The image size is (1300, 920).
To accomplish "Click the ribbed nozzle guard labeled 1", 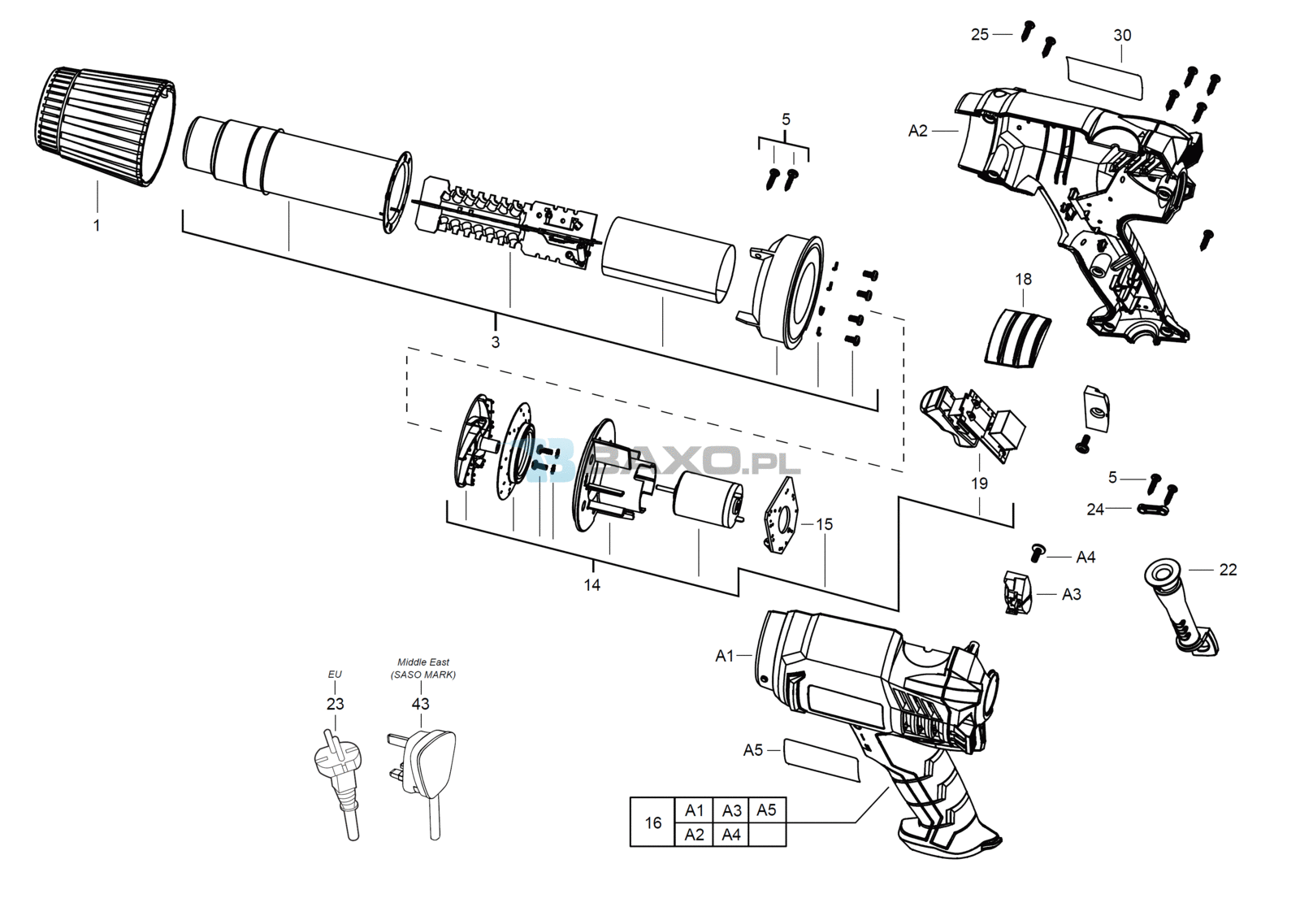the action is pos(105,126).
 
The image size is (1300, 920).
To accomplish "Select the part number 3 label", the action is pos(495,342).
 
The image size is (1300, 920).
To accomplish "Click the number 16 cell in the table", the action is pos(653,822).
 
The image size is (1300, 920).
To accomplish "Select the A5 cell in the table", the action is pos(767,810).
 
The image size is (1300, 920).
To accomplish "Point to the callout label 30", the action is pos(1122,36).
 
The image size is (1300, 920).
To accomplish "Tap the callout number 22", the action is pos(1228,570).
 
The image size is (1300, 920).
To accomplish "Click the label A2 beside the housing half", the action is pos(917,131).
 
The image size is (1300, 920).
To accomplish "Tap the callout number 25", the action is pos(980,35).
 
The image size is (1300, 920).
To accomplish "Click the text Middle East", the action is pos(423,662).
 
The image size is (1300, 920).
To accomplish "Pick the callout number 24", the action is pos(1095,510).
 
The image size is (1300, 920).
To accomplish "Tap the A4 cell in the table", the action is pos(730,835).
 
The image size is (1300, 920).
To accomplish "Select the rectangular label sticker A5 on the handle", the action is pos(821,761).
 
